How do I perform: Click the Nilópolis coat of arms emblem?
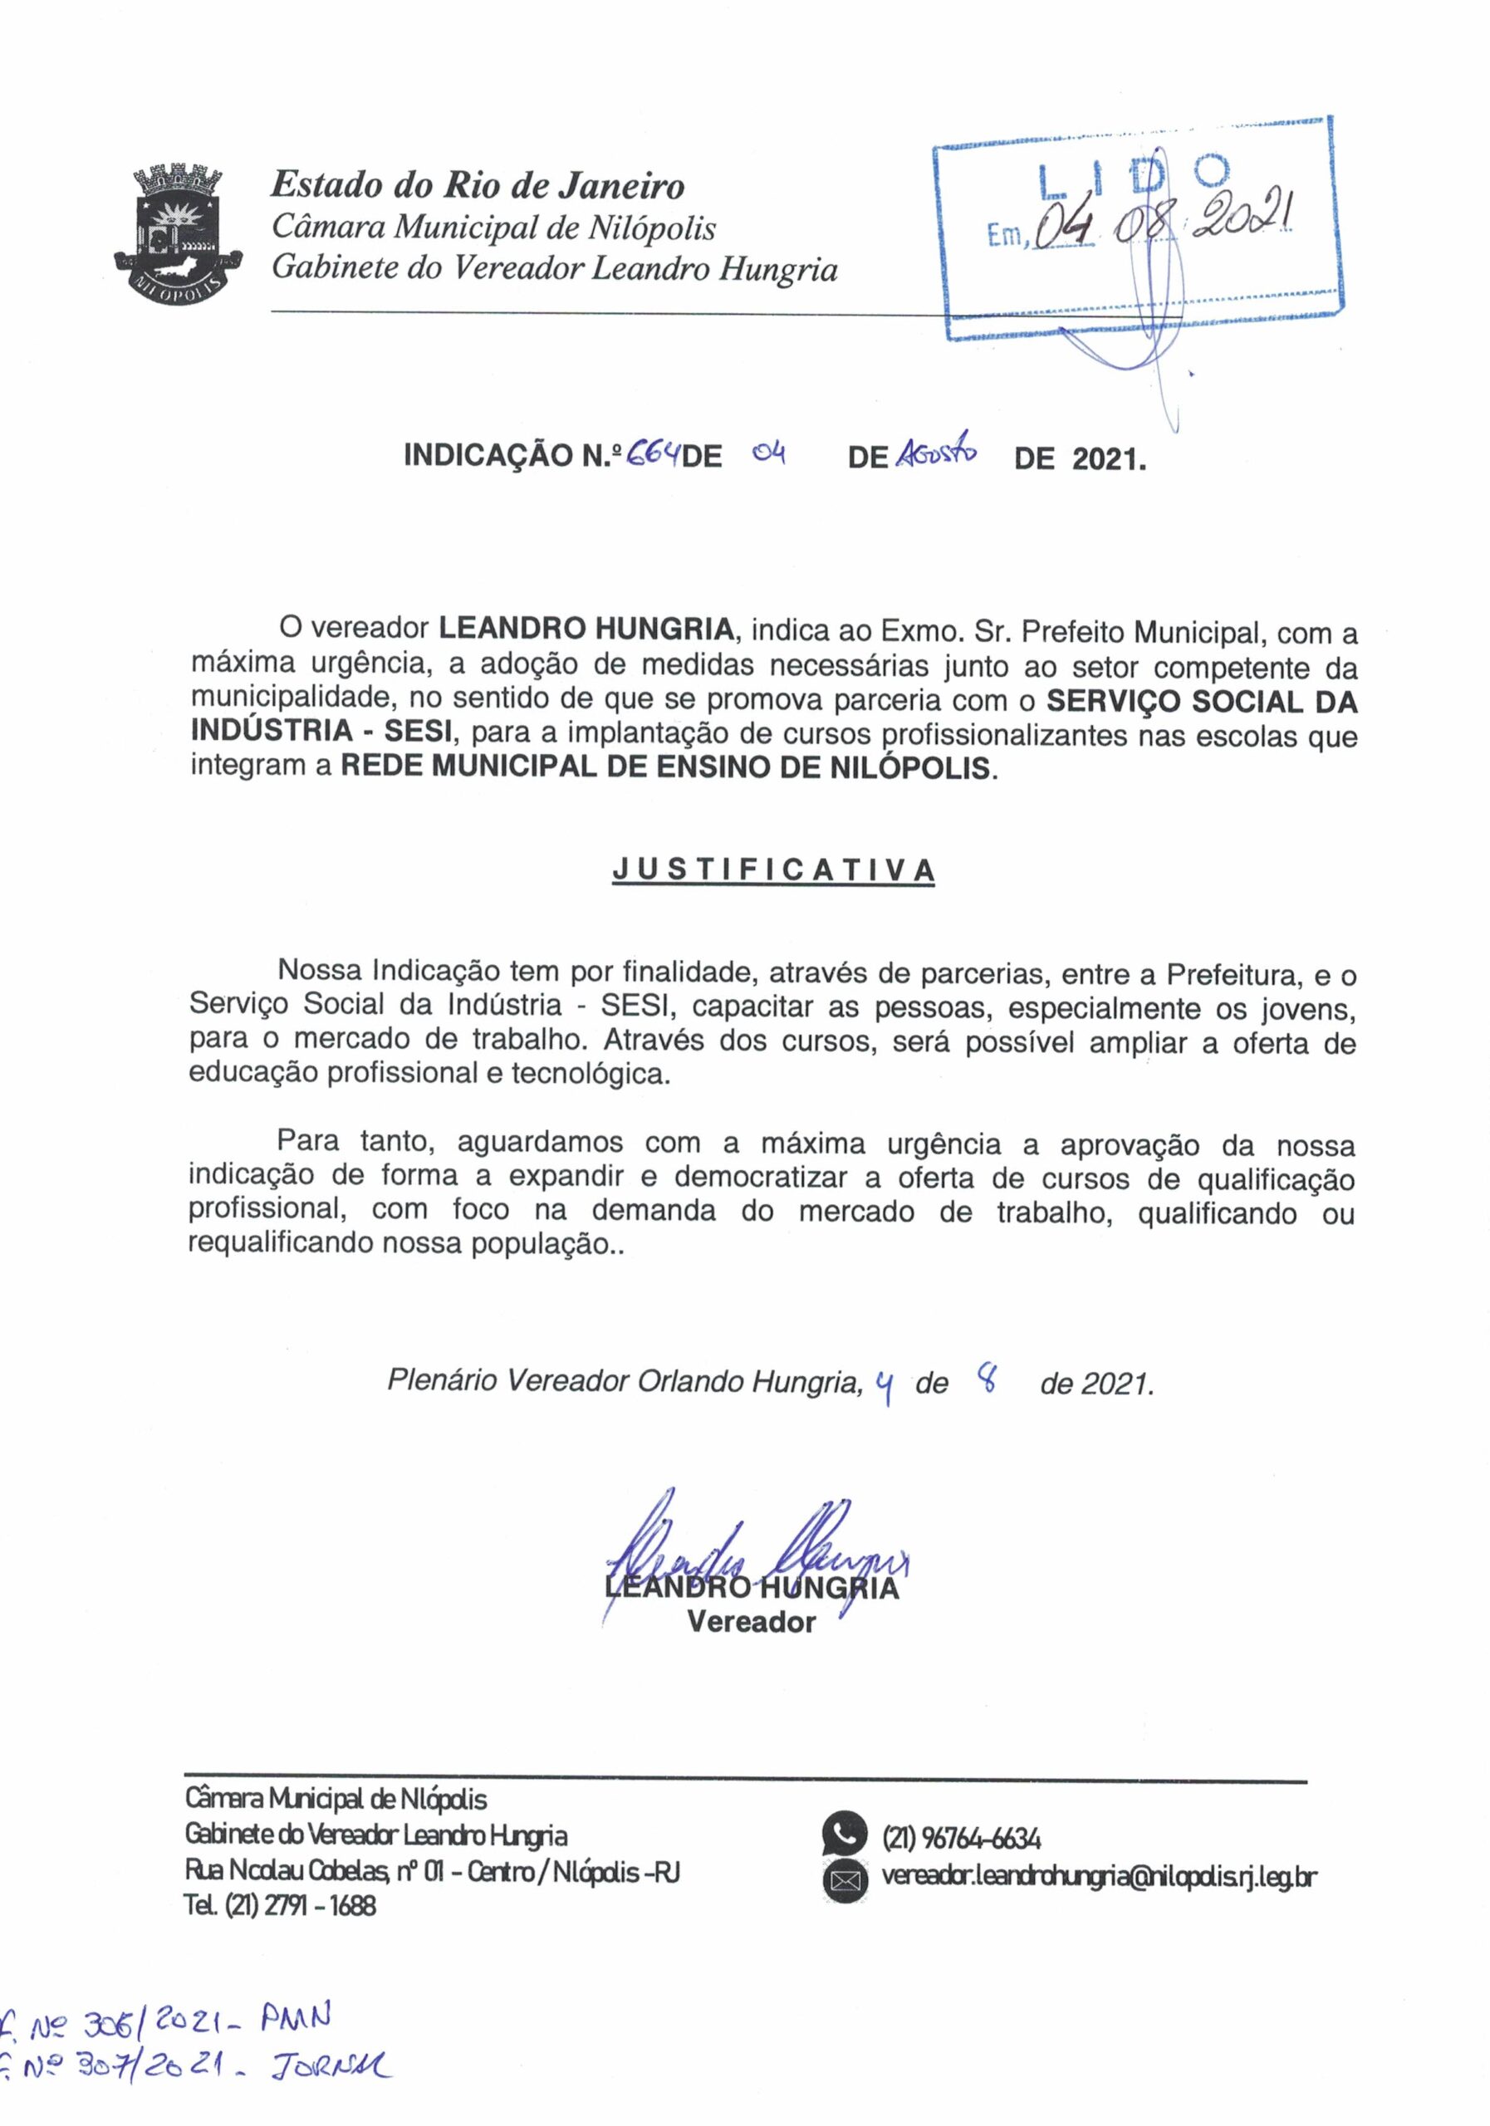[x=178, y=233]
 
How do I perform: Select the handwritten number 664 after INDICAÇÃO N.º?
[x=654, y=453]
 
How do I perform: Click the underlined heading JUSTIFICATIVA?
[x=773, y=870]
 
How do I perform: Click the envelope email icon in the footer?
[x=844, y=1879]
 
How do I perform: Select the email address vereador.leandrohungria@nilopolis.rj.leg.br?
[x=1098, y=1877]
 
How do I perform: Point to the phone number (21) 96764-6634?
[x=961, y=1838]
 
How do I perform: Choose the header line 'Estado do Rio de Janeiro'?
[x=477, y=186]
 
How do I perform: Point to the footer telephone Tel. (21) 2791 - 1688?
[x=281, y=1905]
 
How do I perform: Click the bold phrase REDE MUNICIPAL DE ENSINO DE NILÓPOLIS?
[x=665, y=767]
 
